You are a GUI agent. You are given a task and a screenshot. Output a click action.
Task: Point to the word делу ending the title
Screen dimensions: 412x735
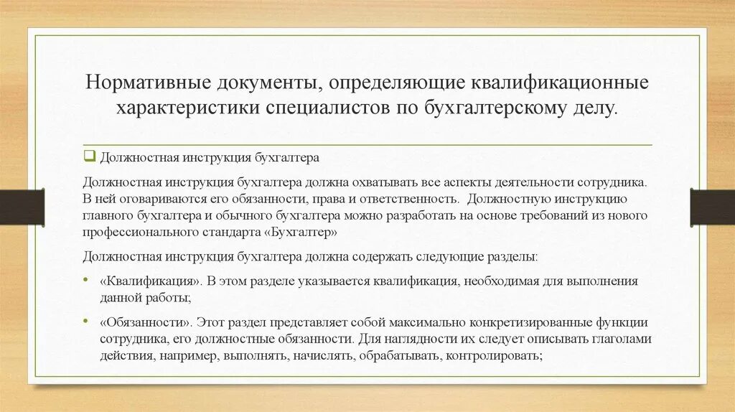592,109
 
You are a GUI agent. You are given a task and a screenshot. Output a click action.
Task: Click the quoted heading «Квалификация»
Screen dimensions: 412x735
148,281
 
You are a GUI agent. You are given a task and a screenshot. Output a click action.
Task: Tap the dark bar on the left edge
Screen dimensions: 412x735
22,207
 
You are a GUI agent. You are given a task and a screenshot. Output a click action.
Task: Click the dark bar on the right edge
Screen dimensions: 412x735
712,207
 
